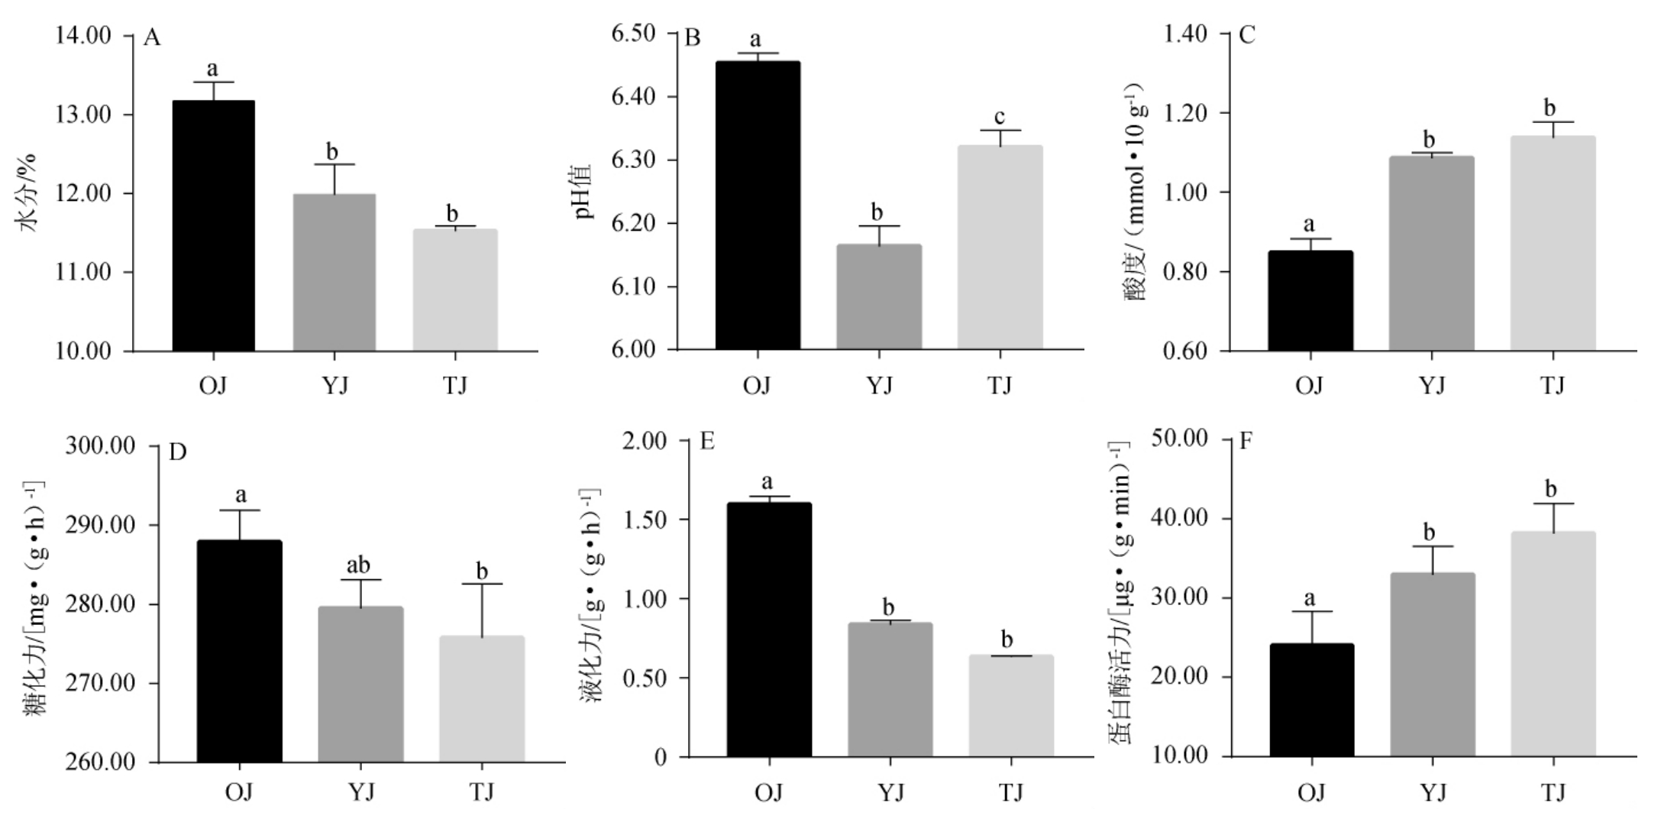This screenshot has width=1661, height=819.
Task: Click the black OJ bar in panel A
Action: coord(213,225)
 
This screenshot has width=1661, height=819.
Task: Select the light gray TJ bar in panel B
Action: coord(1000,248)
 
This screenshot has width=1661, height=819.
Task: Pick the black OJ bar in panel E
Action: coord(769,630)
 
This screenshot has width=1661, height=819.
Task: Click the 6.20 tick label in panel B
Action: coord(634,223)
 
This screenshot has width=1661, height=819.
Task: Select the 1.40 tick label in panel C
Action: coord(1186,34)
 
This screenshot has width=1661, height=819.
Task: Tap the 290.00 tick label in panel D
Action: coord(100,525)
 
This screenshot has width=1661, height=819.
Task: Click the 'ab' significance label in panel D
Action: coord(358,565)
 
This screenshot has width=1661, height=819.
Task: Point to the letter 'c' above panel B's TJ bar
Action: coord(1000,117)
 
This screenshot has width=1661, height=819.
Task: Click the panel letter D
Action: coord(177,452)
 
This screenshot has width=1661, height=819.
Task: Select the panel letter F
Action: coord(1245,442)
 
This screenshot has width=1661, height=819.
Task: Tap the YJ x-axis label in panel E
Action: coord(890,792)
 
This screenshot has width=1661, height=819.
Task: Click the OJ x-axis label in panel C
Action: coord(1309,385)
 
